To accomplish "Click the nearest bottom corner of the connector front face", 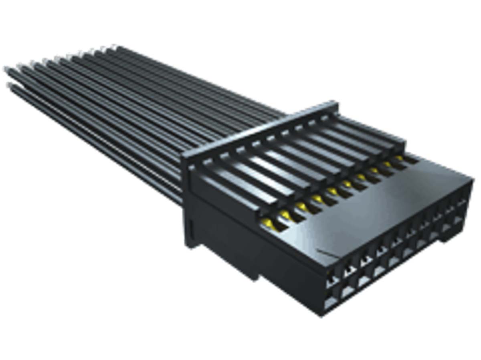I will [x=321, y=315].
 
